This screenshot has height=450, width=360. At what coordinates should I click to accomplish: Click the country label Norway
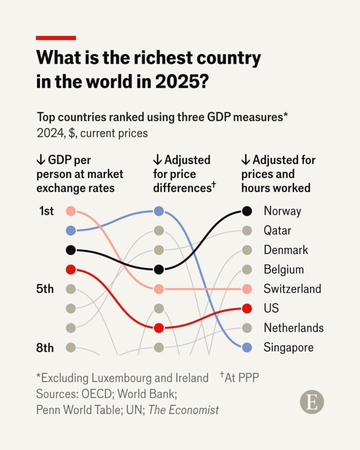point(282,211)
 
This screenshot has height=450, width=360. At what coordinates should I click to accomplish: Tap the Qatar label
point(277,231)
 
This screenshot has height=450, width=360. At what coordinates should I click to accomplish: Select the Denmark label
point(286,250)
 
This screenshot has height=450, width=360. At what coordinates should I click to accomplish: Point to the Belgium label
point(284,269)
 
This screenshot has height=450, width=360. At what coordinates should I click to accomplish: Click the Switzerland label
point(292,289)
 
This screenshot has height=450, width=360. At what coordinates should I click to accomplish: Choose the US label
point(271,308)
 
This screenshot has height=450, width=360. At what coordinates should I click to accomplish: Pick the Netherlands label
point(294,328)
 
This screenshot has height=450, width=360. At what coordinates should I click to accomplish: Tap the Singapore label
point(288,348)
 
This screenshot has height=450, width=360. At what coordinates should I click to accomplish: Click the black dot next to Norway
point(247,211)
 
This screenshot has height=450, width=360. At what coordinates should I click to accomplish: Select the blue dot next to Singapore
point(247,348)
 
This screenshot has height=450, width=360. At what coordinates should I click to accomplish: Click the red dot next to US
point(247,308)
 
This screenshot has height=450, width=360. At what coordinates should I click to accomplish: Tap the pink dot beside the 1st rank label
point(71,211)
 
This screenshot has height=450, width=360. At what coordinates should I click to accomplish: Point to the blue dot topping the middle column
point(159,211)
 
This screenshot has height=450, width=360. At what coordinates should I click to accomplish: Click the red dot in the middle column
point(159,328)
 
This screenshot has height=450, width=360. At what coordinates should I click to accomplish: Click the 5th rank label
point(45,289)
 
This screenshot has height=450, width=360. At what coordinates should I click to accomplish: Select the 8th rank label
point(45,348)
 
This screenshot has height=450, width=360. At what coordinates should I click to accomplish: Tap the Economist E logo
point(312,402)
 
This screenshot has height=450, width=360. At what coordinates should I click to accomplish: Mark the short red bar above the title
point(56,38)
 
